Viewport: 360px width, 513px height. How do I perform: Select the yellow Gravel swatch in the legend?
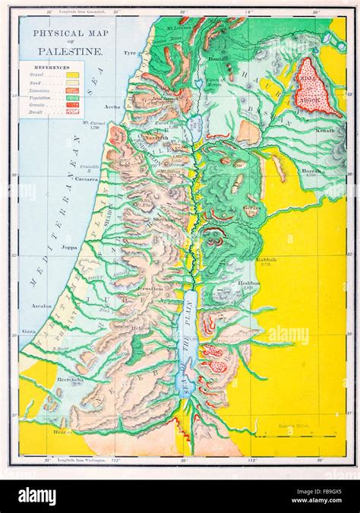click(x=73, y=74)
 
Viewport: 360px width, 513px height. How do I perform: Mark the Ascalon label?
click(x=41, y=306)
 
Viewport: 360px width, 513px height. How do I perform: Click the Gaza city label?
click(x=29, y=332)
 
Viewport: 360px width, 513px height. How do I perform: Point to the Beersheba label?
click(x=49, y=378)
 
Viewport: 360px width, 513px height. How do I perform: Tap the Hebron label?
click(x=141, y=328)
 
